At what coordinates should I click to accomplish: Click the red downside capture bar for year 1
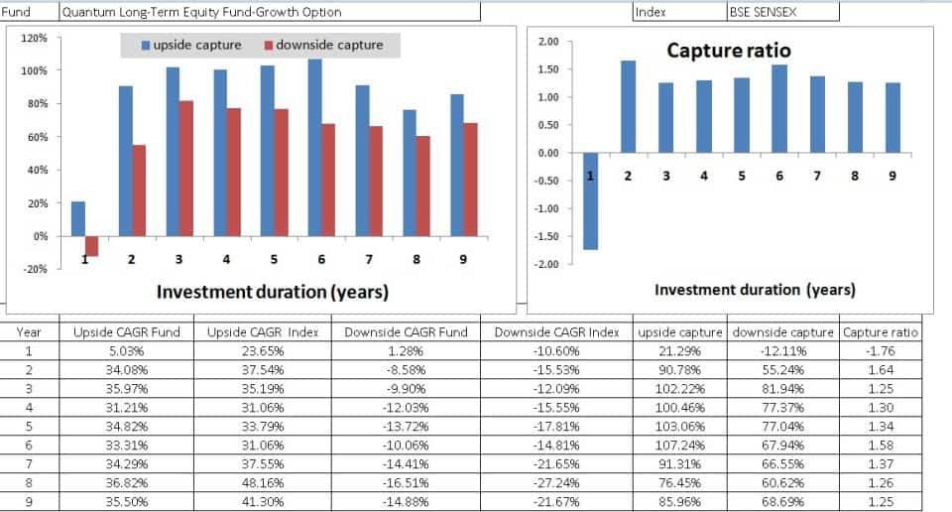point(92,246)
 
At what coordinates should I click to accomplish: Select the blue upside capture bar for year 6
point(315,148)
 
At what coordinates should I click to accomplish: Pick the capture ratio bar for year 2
point(629,107)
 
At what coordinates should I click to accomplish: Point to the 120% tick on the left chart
point(35,38)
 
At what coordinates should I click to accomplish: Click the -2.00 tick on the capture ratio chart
point(547,264)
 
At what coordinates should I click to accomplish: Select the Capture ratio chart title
point(728,50)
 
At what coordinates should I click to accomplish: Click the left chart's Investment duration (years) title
point(272,292)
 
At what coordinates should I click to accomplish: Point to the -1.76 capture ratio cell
point(881,350)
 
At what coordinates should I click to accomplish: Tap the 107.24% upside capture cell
point(679,447)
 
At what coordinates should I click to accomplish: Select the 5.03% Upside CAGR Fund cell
point(126,350)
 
